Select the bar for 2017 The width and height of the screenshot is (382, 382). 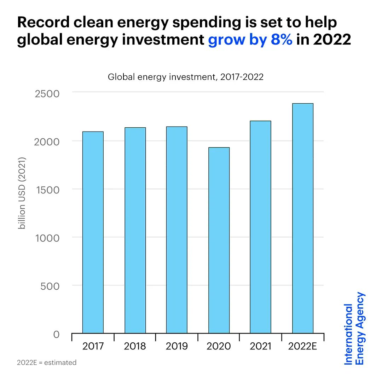click(93, 232)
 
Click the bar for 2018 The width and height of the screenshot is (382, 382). click(135, 230)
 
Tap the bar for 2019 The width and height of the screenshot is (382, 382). click(176, 230)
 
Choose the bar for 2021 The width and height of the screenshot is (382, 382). click(260, 227)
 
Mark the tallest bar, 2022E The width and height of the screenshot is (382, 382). click(302, 218)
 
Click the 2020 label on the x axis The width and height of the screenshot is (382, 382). click(219, 346)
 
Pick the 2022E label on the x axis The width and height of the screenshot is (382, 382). click(302, 346)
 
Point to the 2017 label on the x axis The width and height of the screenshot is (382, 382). click(93, 346)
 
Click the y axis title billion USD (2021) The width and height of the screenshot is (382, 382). click(22, 193)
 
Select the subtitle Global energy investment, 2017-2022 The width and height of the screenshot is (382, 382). click(186, 77)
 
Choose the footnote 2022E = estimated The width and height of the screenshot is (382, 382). click(46, 363)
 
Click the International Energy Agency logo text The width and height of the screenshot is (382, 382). click(354, 328)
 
